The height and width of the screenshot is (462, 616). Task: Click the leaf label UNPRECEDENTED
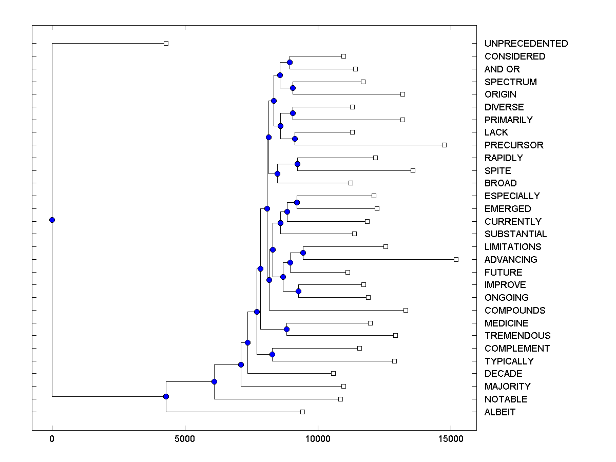tap(526, 44)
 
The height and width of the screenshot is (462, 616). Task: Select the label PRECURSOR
tap(514, 145)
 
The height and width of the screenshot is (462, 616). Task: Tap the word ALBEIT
tap(500, 412)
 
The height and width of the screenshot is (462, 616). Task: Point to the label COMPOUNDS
tap(515, 311)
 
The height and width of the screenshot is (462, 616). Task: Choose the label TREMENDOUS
tap(517, 336)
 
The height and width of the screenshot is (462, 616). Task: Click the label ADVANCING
tap(511, 260)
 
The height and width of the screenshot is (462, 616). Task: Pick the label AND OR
tap(502, 69)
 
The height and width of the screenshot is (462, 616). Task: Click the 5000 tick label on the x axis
tap(185, 439)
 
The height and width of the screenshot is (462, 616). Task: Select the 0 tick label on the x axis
tap(52, 439)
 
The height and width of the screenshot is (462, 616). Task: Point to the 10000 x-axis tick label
tap(318, 439)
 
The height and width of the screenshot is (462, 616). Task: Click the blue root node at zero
tap(52, 220)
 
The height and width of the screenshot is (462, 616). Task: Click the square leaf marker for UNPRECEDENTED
tap(166, 43)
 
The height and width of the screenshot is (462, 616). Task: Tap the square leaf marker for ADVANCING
tap(456, 259)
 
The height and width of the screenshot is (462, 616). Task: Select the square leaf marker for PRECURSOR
tap(444, 145)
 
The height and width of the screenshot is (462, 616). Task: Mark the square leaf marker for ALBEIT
tap(302, 412)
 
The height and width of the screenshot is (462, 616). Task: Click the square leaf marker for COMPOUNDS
tap(406, 310)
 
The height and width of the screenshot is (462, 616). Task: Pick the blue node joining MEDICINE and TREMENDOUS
tap(287, 329)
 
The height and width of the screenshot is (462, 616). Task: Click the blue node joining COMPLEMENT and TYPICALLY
tap(273, 354)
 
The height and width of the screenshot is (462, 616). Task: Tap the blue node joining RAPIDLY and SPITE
tap(298, 164)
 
